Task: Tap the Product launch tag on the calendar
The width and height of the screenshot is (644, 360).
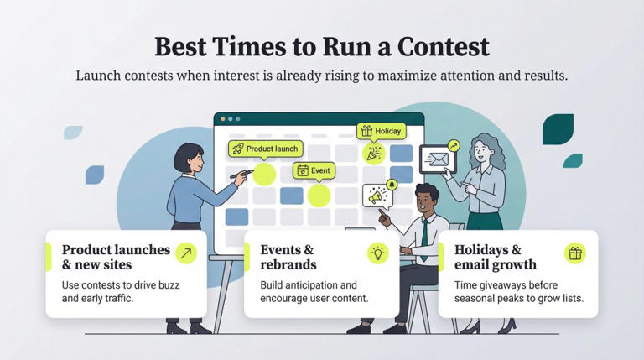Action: pos(264,149)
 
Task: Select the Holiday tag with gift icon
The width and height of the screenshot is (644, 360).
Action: pos(382,131)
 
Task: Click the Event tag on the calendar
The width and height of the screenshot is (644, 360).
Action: pos(314,170)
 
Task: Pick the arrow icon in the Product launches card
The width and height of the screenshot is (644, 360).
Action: pos(185,253)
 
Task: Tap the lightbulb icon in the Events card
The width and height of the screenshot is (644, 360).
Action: pos(378,253)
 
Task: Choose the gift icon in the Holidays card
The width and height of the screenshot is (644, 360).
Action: pos(574,253)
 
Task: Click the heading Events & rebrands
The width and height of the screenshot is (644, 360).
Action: pos(288,258)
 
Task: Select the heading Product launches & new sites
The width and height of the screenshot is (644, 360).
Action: pos(116,258)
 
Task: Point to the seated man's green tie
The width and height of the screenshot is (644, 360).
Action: pos(425,232)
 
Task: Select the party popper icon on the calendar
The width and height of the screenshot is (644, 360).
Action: pos(372,154)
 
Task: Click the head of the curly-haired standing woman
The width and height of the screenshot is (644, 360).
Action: pos(484,148)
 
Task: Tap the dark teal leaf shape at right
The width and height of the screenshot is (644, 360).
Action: pos(558,128)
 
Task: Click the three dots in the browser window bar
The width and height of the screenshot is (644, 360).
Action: pos(228,119)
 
